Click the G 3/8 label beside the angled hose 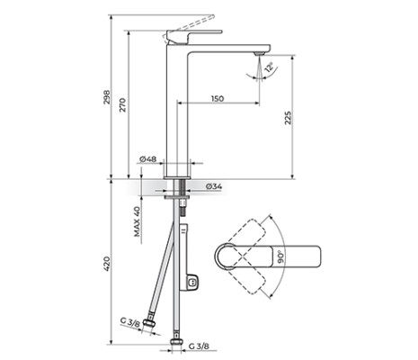[x=130, y=320]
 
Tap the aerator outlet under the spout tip [x=259, y=54]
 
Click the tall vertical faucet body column [x=174, y=108]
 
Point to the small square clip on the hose [x=192, y=285]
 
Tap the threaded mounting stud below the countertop [x=183, y=202]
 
